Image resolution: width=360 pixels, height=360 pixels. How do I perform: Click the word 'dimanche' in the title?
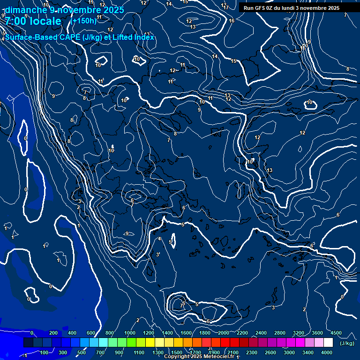(23, 10)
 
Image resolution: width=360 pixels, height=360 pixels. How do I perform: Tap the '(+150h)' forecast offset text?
(83, 21)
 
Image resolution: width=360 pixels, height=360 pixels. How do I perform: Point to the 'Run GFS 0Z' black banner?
(292, 8)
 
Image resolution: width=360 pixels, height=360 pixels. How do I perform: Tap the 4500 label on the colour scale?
(336, 333)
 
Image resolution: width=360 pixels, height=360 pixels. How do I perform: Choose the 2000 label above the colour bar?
(224, 333)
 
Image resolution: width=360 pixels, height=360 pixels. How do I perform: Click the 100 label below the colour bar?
(45, 352)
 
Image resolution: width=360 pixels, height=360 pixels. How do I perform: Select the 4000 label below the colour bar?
(327, 352)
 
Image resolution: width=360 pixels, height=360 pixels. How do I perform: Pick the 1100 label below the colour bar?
(139, 352)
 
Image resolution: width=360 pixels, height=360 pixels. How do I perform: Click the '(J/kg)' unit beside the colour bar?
(347, 343)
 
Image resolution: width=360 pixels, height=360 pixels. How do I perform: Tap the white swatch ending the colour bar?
(328, 343)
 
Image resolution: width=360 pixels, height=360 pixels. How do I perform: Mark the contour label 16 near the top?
(232, 21)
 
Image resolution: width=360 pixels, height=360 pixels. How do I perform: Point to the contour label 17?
(226, 7)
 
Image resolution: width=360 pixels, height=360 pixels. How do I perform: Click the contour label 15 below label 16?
(233, 61)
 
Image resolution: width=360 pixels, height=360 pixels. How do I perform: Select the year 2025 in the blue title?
(113, 10)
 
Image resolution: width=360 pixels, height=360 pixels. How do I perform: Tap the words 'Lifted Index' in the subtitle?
(134, 37)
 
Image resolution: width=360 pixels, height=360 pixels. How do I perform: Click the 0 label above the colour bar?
(32, 333)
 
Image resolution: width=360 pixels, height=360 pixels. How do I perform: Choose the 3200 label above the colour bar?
(299, 333)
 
